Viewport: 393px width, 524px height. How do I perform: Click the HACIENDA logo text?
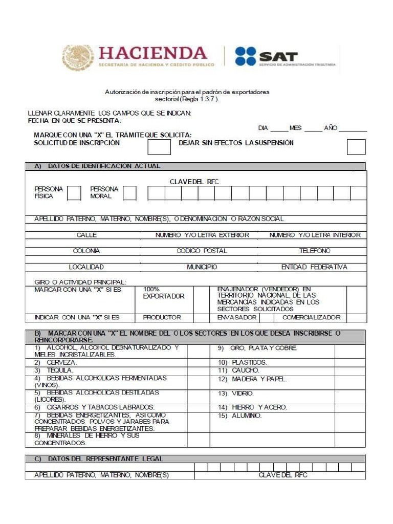pos(152,53)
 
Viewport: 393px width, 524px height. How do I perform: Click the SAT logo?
pos(266,56)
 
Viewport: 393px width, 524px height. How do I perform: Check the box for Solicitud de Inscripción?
pos(159,147)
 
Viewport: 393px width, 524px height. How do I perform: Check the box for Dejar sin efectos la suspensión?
pos(356,147)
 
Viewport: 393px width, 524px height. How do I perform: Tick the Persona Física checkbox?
pos(74,193)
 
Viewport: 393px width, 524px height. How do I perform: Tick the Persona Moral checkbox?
pos(129,193)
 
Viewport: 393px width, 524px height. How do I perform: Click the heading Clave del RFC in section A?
pos(194,182)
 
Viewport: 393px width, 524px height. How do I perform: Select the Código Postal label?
pos(202,251)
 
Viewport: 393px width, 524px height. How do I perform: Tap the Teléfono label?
pos(315,251)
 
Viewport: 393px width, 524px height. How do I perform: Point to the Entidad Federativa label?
pos(314,267)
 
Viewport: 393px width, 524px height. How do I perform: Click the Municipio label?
pos(202,267)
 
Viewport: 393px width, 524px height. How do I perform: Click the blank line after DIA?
pos(279,130)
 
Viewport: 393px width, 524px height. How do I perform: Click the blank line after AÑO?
pos(353,130)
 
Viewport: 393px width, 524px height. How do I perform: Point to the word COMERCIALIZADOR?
pos(311,317)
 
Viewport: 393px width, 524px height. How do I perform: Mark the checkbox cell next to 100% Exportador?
pos(202,299)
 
